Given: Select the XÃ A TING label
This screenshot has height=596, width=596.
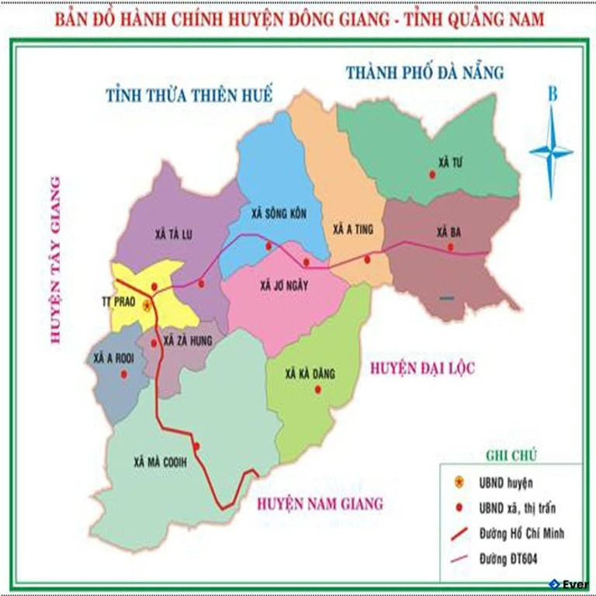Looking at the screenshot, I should (353, 230).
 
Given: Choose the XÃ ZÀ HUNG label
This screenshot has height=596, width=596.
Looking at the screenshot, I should (183, 341).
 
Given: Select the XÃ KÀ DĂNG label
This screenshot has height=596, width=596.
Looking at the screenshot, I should (310, 374).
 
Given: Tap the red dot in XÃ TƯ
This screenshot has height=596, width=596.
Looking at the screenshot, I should (432, 175).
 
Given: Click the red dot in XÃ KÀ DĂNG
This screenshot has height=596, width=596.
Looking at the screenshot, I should (317, 389).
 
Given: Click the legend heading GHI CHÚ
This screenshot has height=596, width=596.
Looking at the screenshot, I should (511, 455).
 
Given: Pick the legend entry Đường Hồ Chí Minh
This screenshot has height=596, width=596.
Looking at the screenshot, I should (533, 533).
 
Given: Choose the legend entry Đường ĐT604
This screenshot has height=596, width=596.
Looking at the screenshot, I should (521, 558).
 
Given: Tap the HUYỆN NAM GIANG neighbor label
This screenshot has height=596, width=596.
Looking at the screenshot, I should (320, 504).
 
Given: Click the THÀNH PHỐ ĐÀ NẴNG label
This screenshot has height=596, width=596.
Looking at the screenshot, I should (424, 73).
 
